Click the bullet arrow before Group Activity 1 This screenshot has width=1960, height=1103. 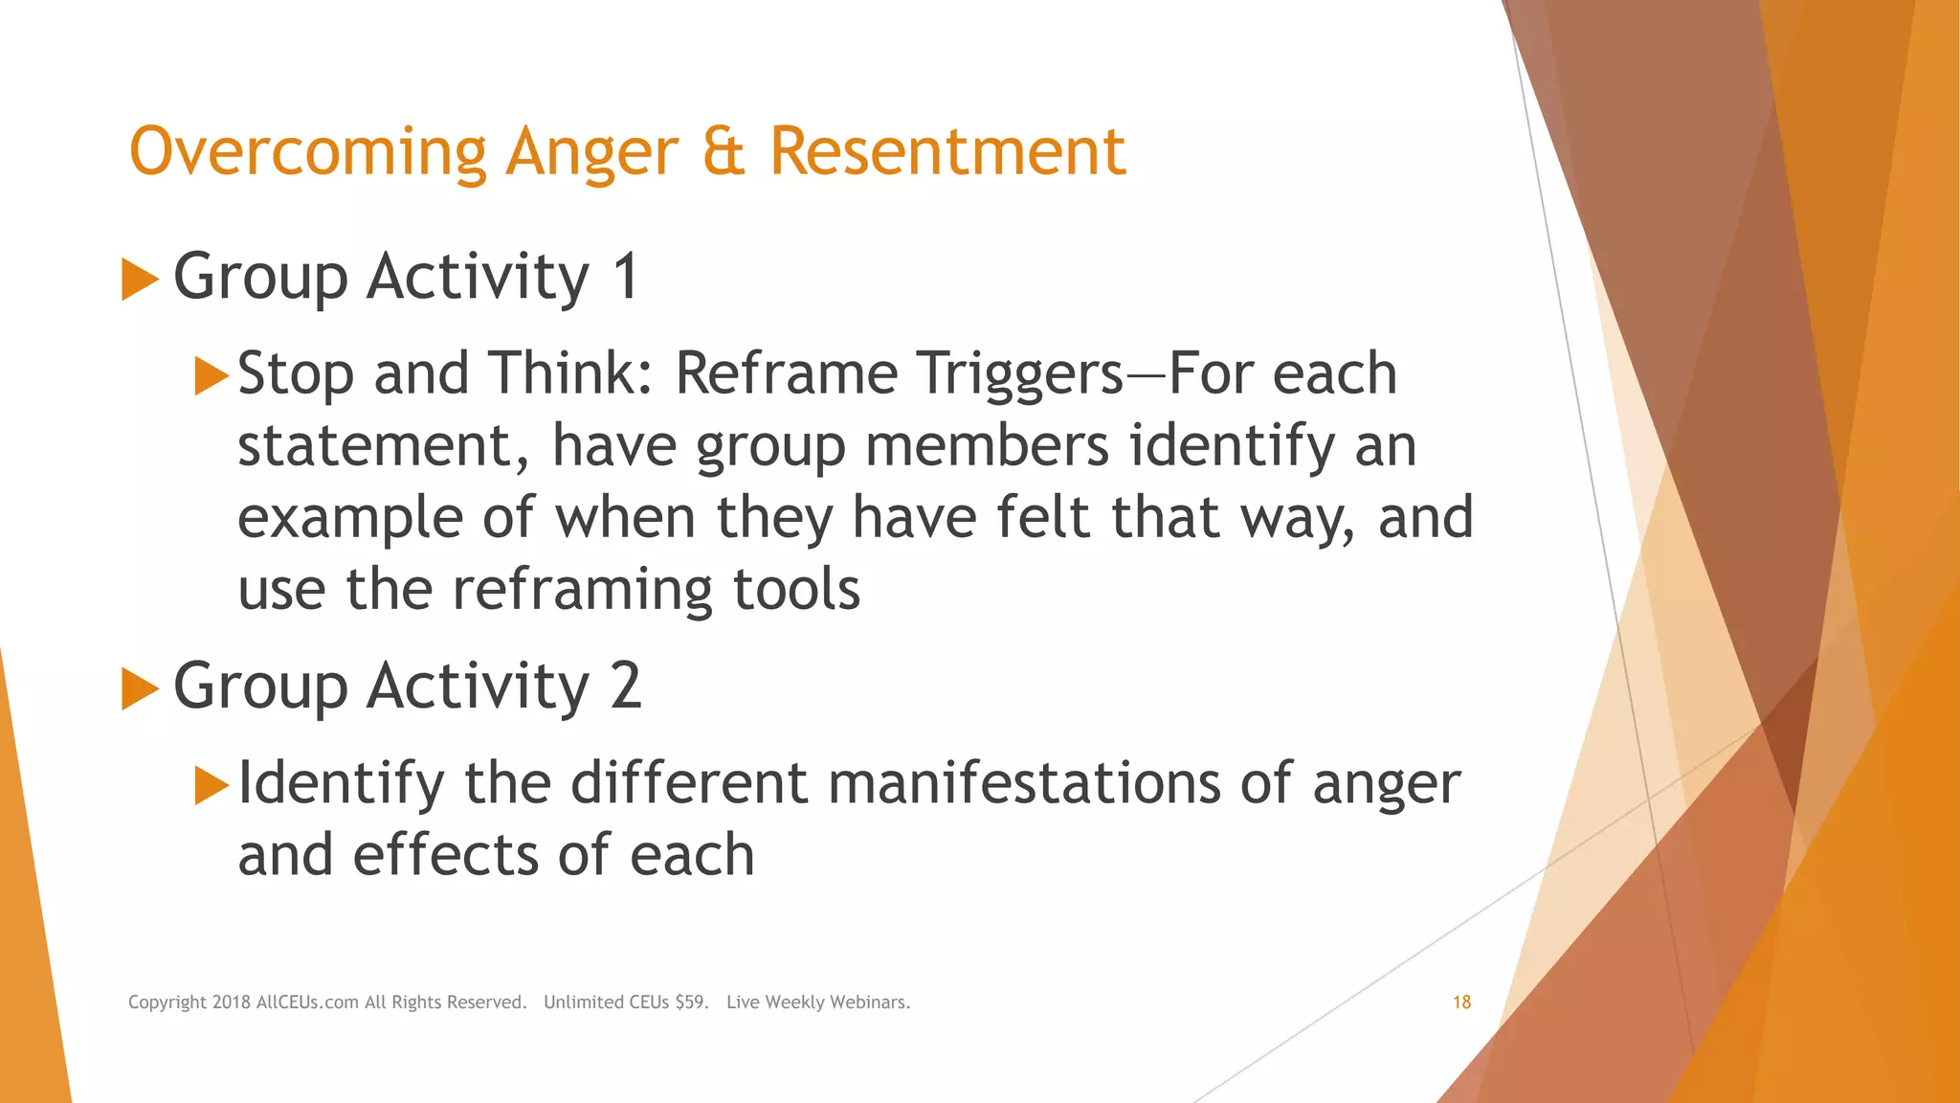[x=140, y=281]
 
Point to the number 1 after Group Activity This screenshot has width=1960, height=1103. [x=625, y=277]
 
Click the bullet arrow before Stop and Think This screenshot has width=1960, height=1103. [x=212, y=375]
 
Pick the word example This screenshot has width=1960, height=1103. [x=349, y=519]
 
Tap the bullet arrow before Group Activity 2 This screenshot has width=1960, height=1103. [x=140, y=689]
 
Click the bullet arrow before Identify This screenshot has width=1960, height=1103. [x=212, y=785]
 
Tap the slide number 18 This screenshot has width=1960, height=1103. [x=1461, y=1002]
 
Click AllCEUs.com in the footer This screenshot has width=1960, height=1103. [x=307, y=1002]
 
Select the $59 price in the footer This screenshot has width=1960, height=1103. [x=691, y=1002]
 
